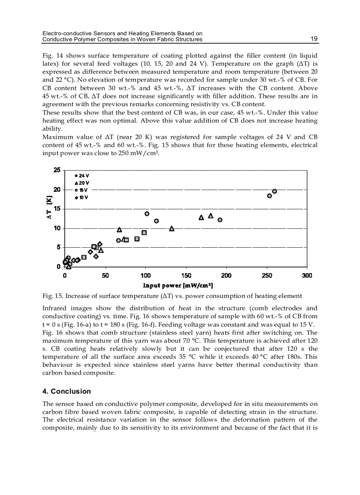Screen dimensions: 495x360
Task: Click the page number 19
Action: pyautogui.click(x=314, y=39)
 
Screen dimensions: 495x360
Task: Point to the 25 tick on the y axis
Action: pyautogui.click(x=57, y=170)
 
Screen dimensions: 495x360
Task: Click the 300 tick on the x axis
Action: pyautogui.click(x=307, y=275)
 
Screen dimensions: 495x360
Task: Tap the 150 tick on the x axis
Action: pyautogui.click(x=186, y=275)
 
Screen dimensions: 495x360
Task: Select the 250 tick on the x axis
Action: pyautogui.click(x=266, y=275)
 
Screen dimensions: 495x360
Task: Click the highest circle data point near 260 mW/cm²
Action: pyautogui.click(x=274, y=191)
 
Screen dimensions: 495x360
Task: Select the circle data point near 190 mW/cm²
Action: pyautogui.click(x=220, y=220)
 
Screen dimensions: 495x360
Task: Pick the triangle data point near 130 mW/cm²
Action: pyautogui.click(x=172, y=228)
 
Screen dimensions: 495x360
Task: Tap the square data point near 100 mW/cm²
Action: pyautogui.click(x=144, y=233)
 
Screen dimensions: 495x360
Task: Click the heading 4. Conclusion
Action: pyautogui.click(x=67, y=391)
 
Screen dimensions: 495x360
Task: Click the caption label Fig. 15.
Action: pyautogui.click(x=51, y=296)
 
